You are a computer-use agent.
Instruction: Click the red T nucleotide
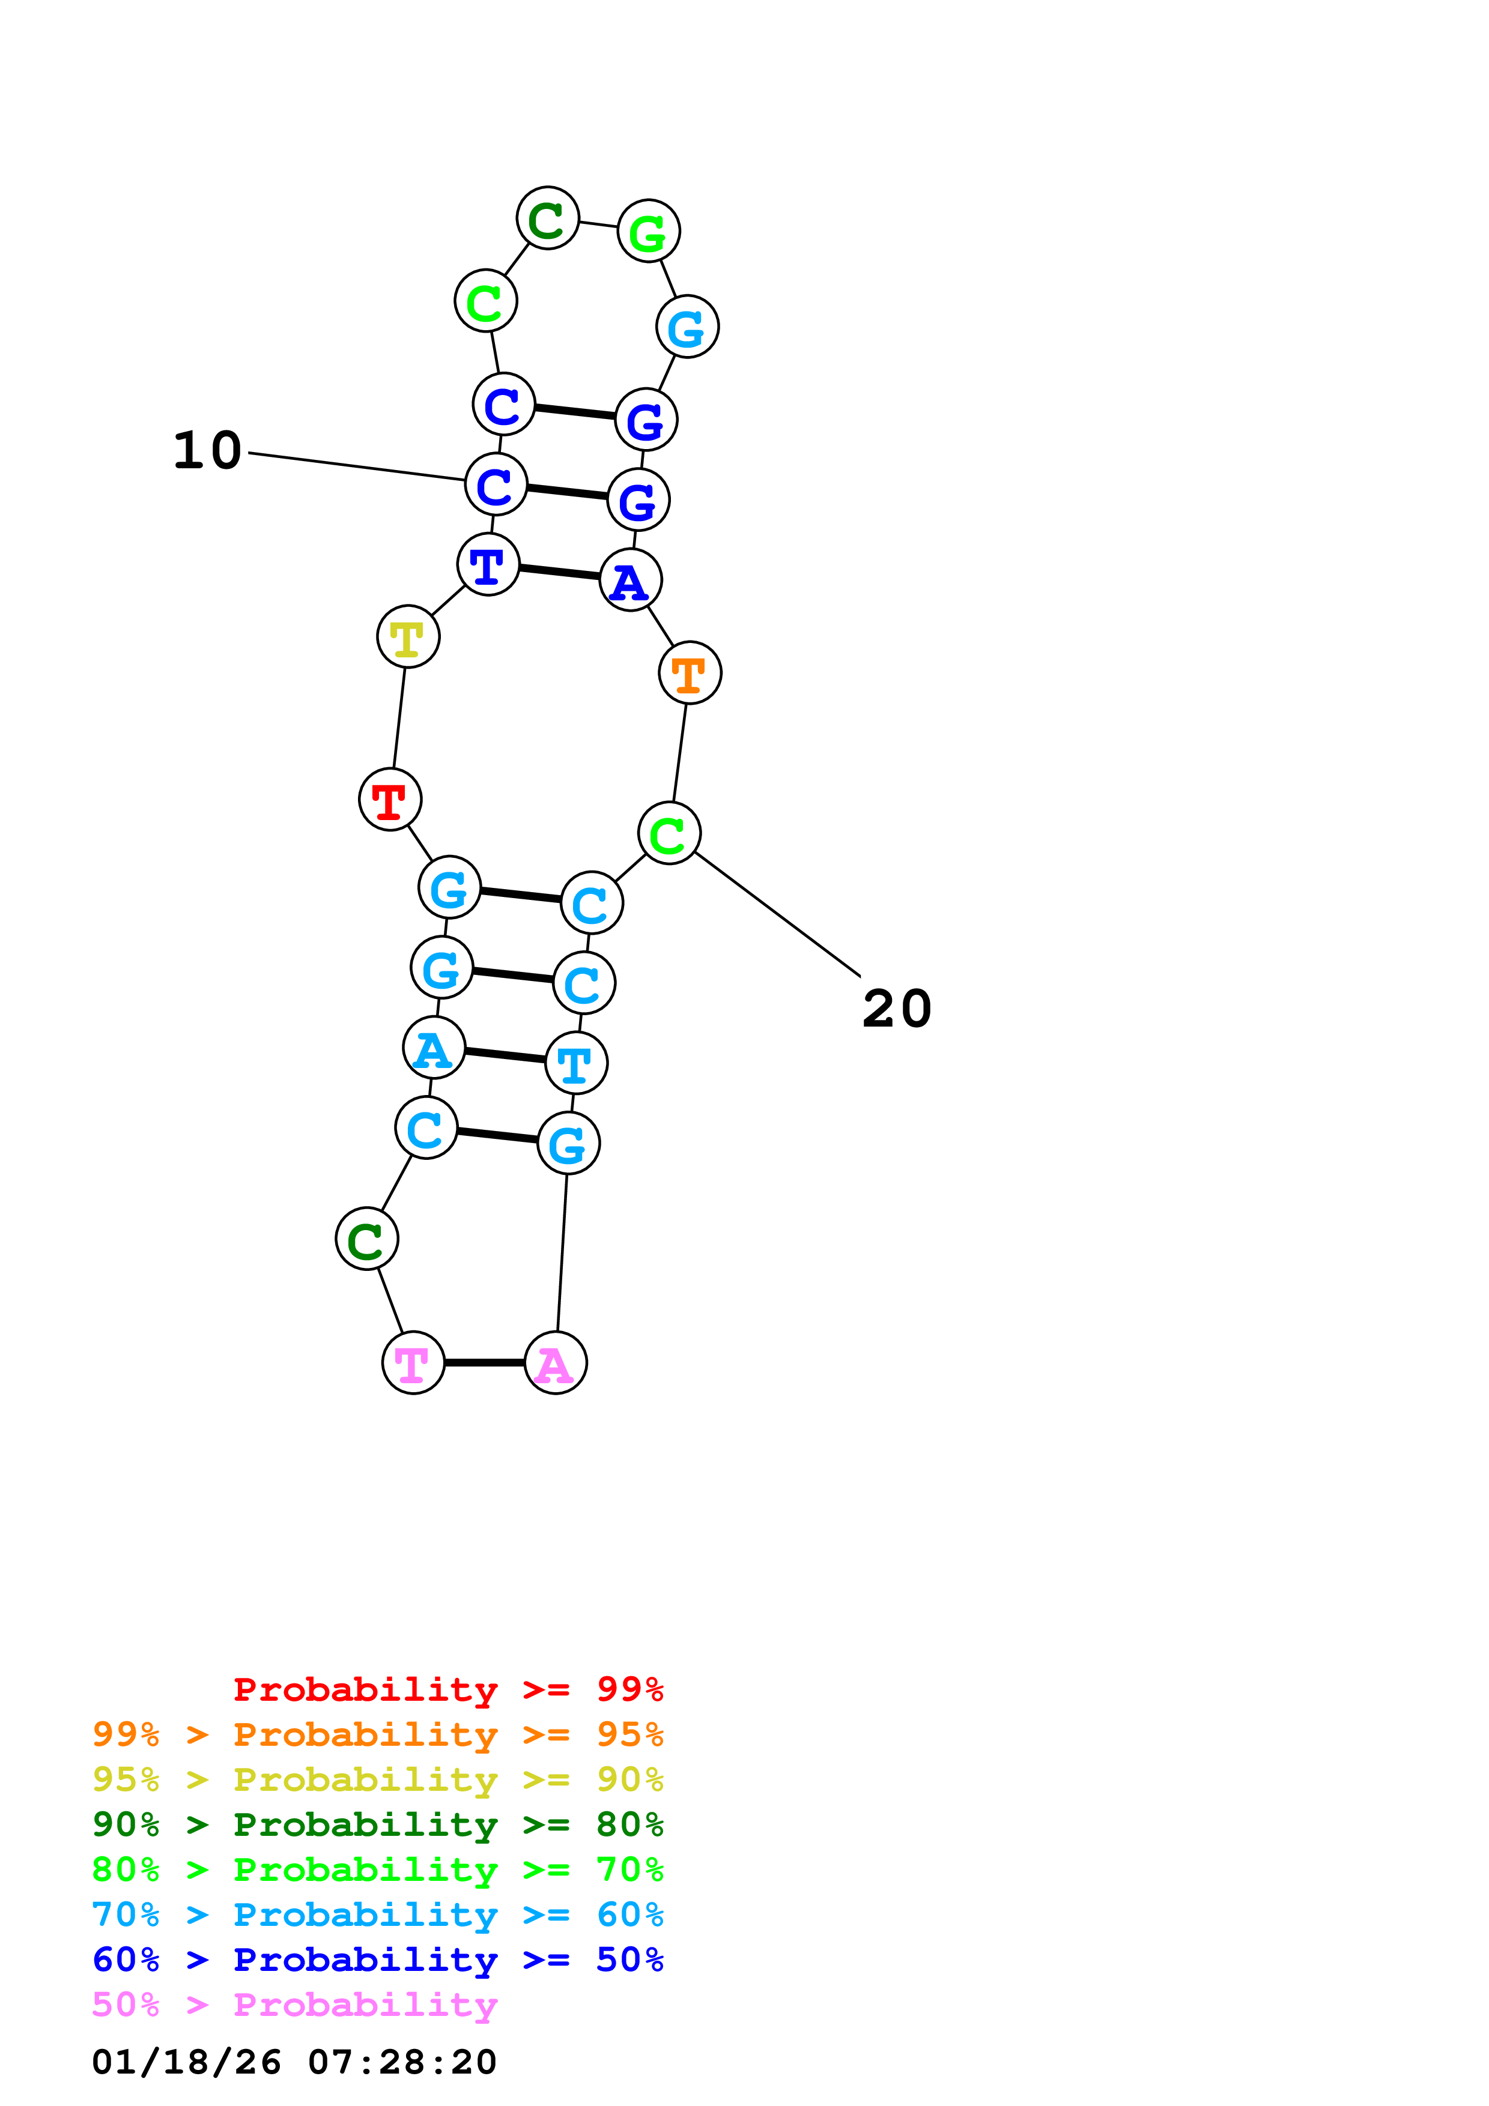click(x=390, y=800)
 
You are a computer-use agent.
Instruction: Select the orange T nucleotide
click(x=690, y=673)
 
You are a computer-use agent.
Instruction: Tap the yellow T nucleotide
click(x=408, y=636)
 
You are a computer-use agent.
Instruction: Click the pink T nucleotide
click(x=413, y=1363)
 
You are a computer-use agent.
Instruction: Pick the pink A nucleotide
click(x=555, y=1363)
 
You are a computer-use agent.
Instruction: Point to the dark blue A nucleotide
click(x=630, y=580)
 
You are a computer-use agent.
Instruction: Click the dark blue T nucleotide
click(x=488, y=564)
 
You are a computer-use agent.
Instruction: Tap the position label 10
click(x=207, y=450)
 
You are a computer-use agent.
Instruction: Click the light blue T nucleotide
click(x=576, y=1063)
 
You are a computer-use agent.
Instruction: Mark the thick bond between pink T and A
click(x=484, y=1363)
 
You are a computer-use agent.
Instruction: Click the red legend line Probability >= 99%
click(x=447, y=1689)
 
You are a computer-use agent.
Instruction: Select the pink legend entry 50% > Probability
click(x=294, y=2005)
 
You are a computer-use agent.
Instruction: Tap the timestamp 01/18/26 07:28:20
click(x=294, y=2063)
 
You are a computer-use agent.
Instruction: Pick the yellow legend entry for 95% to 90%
click(x=378, y=1779)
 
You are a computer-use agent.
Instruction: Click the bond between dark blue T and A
click(x=560, y=572)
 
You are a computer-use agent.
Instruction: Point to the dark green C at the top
click(x=548, y=219)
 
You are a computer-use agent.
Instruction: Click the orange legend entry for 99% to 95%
click(x=378, y=1734)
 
